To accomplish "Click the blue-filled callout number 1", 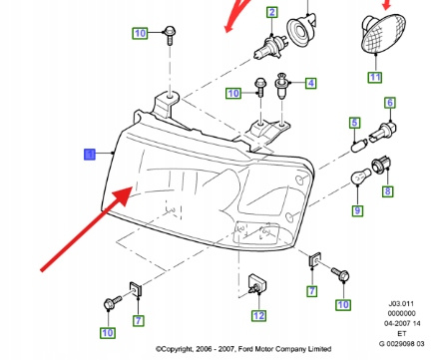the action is coord(90,155).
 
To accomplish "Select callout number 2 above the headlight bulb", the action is coord(272,12).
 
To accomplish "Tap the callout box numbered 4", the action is coord(310,83).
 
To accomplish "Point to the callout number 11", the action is coord(375,78).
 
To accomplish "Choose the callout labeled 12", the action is coord(258,316).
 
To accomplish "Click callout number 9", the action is coord(357,210).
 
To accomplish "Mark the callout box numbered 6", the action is coord(390,103).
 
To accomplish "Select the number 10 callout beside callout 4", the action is coord(233,94).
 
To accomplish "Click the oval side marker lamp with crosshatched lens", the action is coord(383,34).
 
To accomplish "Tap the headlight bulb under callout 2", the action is coord(267,48).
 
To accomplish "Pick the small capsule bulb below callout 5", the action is coord(360,146).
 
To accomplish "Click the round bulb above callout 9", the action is coord(361,177).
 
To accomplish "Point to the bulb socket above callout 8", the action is coord(381,166).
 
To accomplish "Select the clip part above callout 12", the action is coord(257,285).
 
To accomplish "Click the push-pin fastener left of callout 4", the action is coord(281,86).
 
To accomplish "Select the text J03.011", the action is coord(401,303).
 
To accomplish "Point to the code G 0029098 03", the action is coord(402,344).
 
